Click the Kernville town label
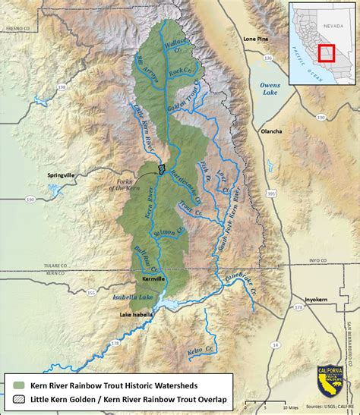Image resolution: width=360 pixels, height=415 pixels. [x=142, y=279]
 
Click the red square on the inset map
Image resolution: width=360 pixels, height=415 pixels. [x=326, y=52]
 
